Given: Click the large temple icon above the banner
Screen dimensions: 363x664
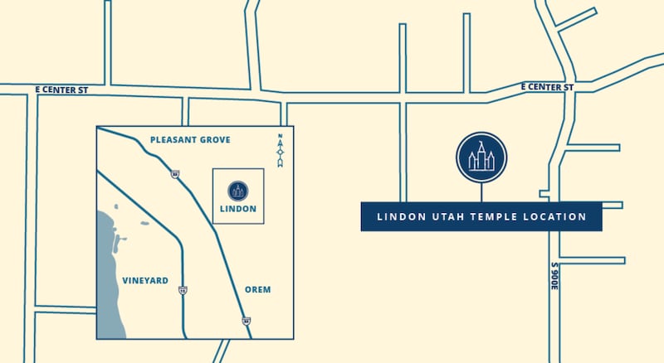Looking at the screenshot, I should click(481, 156).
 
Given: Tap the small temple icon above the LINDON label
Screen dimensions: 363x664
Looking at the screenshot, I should click(238, 189).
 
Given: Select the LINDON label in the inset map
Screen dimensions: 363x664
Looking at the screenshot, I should click(238, 209).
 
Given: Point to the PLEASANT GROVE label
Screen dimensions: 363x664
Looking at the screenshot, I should click(190, 140).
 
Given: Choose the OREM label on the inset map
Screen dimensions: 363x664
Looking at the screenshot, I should click(258, 289).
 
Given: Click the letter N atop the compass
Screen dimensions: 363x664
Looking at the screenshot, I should click(281, 137).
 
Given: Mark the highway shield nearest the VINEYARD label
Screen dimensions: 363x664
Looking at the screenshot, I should click(182, 290).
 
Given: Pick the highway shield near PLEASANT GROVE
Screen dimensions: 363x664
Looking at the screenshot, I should click(175, 174).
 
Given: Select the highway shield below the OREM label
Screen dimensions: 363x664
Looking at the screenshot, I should click(246, 319).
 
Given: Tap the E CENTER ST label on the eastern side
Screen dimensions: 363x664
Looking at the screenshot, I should click(548, 86).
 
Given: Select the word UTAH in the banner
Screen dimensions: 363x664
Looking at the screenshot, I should click(447, 217).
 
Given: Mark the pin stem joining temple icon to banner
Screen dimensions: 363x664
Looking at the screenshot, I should click(481, 191).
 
